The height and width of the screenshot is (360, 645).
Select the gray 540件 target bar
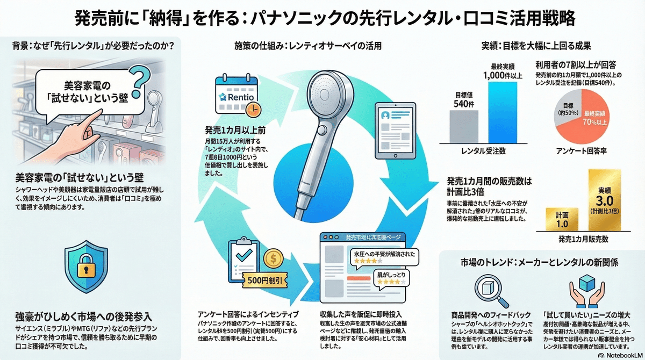tap(463, 125)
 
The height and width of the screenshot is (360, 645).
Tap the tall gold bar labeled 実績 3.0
tap(606, 201)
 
